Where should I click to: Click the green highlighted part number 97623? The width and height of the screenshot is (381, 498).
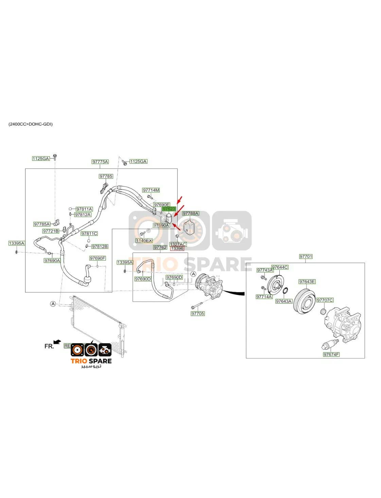pos(169,209)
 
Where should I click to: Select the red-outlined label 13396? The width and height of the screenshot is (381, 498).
pos(177,248)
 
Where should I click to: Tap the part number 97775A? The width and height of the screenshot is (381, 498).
pos(100,162)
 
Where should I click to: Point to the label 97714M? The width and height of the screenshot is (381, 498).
pos(151,190)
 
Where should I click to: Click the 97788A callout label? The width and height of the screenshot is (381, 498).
pos(191,214)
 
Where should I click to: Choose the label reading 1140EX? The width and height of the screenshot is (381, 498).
pos(144,241)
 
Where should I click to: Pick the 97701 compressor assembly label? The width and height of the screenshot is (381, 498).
pos(306,257)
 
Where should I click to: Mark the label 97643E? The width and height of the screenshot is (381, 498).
pos(307,282)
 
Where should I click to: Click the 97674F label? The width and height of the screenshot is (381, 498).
pos(331,354)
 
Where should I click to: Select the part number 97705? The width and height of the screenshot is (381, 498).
pos(198,314)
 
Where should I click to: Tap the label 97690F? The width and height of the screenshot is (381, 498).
pos(98,258)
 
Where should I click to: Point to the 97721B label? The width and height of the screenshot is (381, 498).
pos(51,231)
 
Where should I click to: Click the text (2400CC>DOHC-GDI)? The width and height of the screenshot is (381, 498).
pos(31,124)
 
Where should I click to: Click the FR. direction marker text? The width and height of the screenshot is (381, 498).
pos(49,346)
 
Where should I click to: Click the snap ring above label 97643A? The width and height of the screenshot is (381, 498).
pos(286,291)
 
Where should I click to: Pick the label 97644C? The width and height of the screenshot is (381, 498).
pos(280,267)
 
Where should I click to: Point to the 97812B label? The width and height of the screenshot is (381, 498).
pos(100,247)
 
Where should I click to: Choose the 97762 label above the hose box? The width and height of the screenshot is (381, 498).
pos(160,247)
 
